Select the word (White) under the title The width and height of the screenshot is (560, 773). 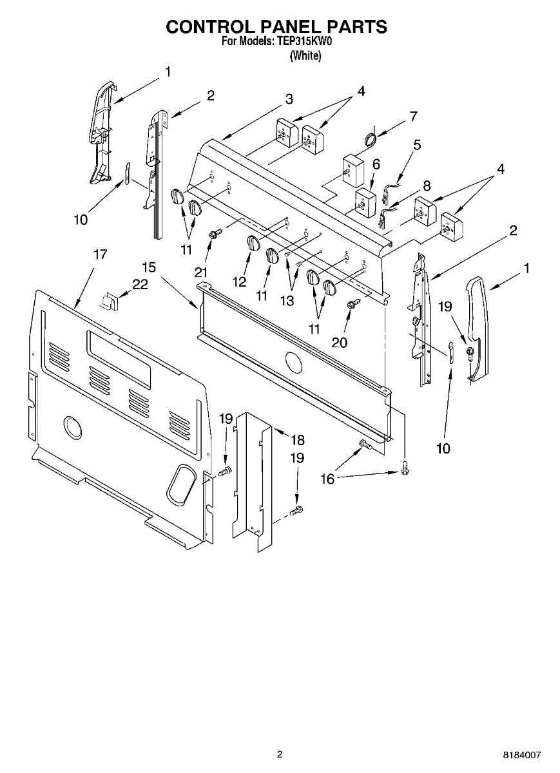pyautogui.click(x=305, y=56)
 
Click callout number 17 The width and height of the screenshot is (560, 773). pyautogui.click(x=100, y=254)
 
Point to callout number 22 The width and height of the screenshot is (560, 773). pyautogui.click(x=140, y=283)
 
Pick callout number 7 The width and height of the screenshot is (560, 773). pyautogui.click(x=413, y=117)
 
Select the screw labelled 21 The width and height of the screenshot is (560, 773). pyautogui.click(x=215, y=234)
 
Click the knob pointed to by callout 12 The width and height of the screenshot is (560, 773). pyautogui.click(x=253, y=244)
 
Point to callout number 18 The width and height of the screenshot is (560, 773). pyautogui.click(x=297, y=440)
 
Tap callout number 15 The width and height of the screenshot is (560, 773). pyautogui.click(x=149, y=267)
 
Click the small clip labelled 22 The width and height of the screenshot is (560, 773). pyautogui.click(x=110, y=300)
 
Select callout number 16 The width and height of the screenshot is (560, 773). pyautogui.click(x=327, y=479)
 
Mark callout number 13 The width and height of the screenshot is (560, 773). pyautogui.click(x=287, y=300)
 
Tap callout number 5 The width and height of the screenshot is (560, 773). pyautogui.click(x=417, y=145)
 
